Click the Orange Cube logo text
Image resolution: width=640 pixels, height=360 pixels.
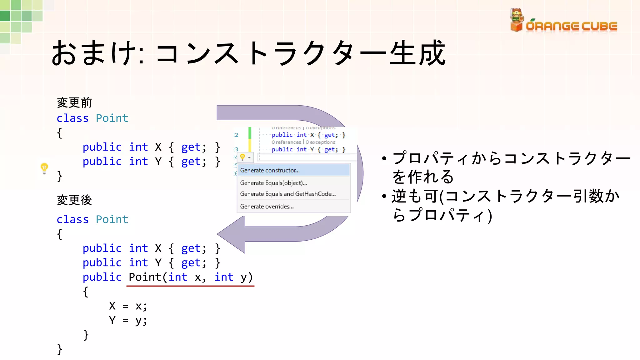coord(571,26)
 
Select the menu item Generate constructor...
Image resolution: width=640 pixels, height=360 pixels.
coord(270,170)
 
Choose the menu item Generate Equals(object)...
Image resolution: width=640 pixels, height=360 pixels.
coord(273,183)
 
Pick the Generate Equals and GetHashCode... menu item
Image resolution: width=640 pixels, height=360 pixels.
coord(288,194)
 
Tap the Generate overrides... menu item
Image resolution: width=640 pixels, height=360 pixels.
coord(267,207)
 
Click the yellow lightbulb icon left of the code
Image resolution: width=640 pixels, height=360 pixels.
coord(44,168)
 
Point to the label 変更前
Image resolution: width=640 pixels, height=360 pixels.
coord(74,102)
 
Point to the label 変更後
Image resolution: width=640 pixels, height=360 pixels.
coord(74,200)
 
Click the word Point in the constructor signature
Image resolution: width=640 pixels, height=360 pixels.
coord(145,277)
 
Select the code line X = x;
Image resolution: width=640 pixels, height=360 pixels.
coord(128,306)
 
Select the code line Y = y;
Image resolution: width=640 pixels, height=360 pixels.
coord(128,320)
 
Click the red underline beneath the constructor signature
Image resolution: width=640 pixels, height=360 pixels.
coord(190,286)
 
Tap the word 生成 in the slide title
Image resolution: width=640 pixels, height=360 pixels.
coord(417,53)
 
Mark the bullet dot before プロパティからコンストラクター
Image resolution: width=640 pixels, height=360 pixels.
coord(384,159)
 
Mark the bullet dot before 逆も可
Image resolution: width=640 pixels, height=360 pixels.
coord(384,197)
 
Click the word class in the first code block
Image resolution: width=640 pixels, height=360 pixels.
coord(72,118)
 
